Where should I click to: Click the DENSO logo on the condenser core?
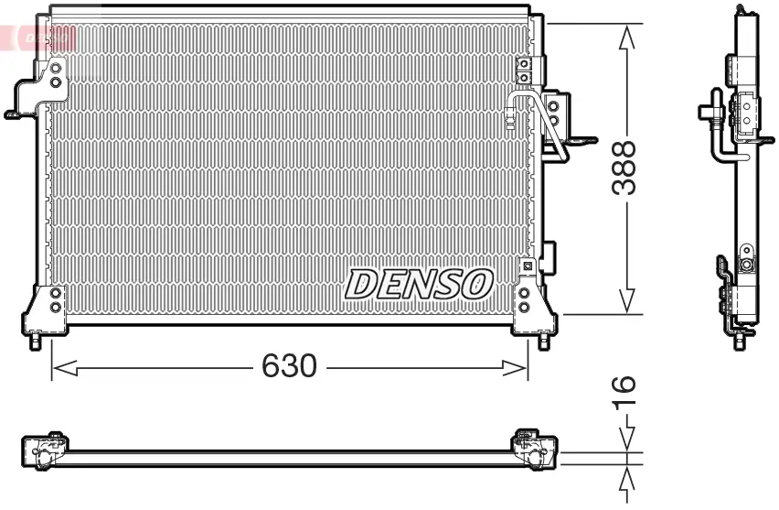pos(419,284)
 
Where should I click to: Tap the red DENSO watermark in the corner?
pos(38,37)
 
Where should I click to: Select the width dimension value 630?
pos(289,367)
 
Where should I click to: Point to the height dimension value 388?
pos(625,168)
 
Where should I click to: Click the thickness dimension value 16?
pos(625,392)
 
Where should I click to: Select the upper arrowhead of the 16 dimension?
pos(626,440)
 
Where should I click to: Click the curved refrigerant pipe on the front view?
pos(539,119)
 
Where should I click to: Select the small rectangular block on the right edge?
pos(549,256)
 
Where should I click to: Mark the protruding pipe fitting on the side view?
pos(709,112)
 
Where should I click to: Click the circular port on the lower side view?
pos(747,266)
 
